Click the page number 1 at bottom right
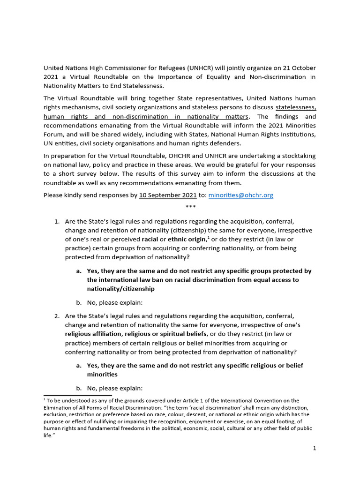click(x=315, y=448)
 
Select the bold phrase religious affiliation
click(x=93, y=333)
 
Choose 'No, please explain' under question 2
click(x=114, y=388)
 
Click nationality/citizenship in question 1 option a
click(x=120, y=289)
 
